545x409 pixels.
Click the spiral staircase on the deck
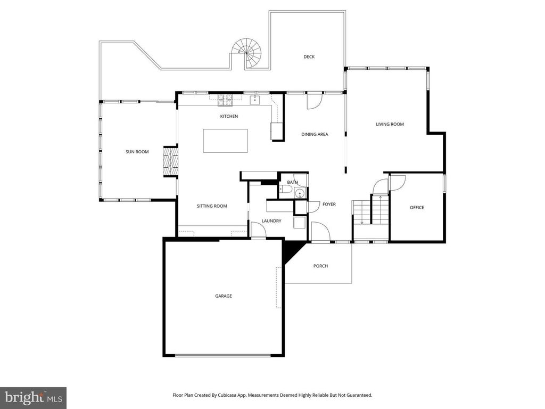248,52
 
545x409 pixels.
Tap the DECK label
309,57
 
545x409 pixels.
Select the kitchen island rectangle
225,141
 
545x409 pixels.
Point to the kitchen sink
255,99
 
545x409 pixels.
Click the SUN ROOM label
137,152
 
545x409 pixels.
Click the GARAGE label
223,296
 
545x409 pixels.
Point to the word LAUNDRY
271,221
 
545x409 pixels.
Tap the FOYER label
329,204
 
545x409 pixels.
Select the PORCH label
320,266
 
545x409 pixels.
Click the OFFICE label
417,207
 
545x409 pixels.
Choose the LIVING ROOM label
390,124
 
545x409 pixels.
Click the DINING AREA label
315,134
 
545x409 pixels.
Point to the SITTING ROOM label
212,206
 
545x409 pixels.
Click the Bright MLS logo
33,397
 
